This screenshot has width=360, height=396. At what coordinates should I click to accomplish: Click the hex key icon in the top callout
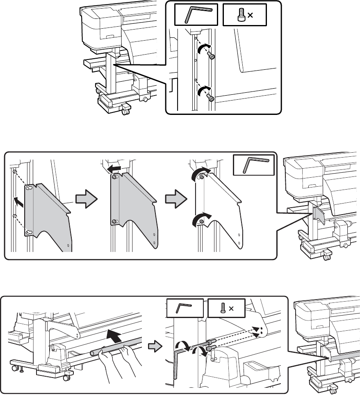[198, 15]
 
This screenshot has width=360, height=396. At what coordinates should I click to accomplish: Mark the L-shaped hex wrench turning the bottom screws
[177, 361]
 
